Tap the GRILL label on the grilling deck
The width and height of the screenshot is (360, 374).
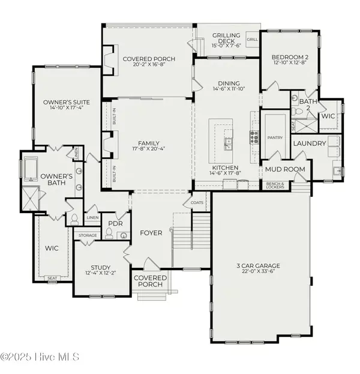pos(252,39)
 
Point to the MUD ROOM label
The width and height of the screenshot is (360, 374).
pos(285,169)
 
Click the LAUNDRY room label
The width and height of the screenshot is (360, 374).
pos(310,143)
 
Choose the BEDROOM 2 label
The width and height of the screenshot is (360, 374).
pos(286,55)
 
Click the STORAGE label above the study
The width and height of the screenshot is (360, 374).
pos(87,236)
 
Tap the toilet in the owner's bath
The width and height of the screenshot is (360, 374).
pos(73,220)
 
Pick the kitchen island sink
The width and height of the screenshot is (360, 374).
pos(229,143)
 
